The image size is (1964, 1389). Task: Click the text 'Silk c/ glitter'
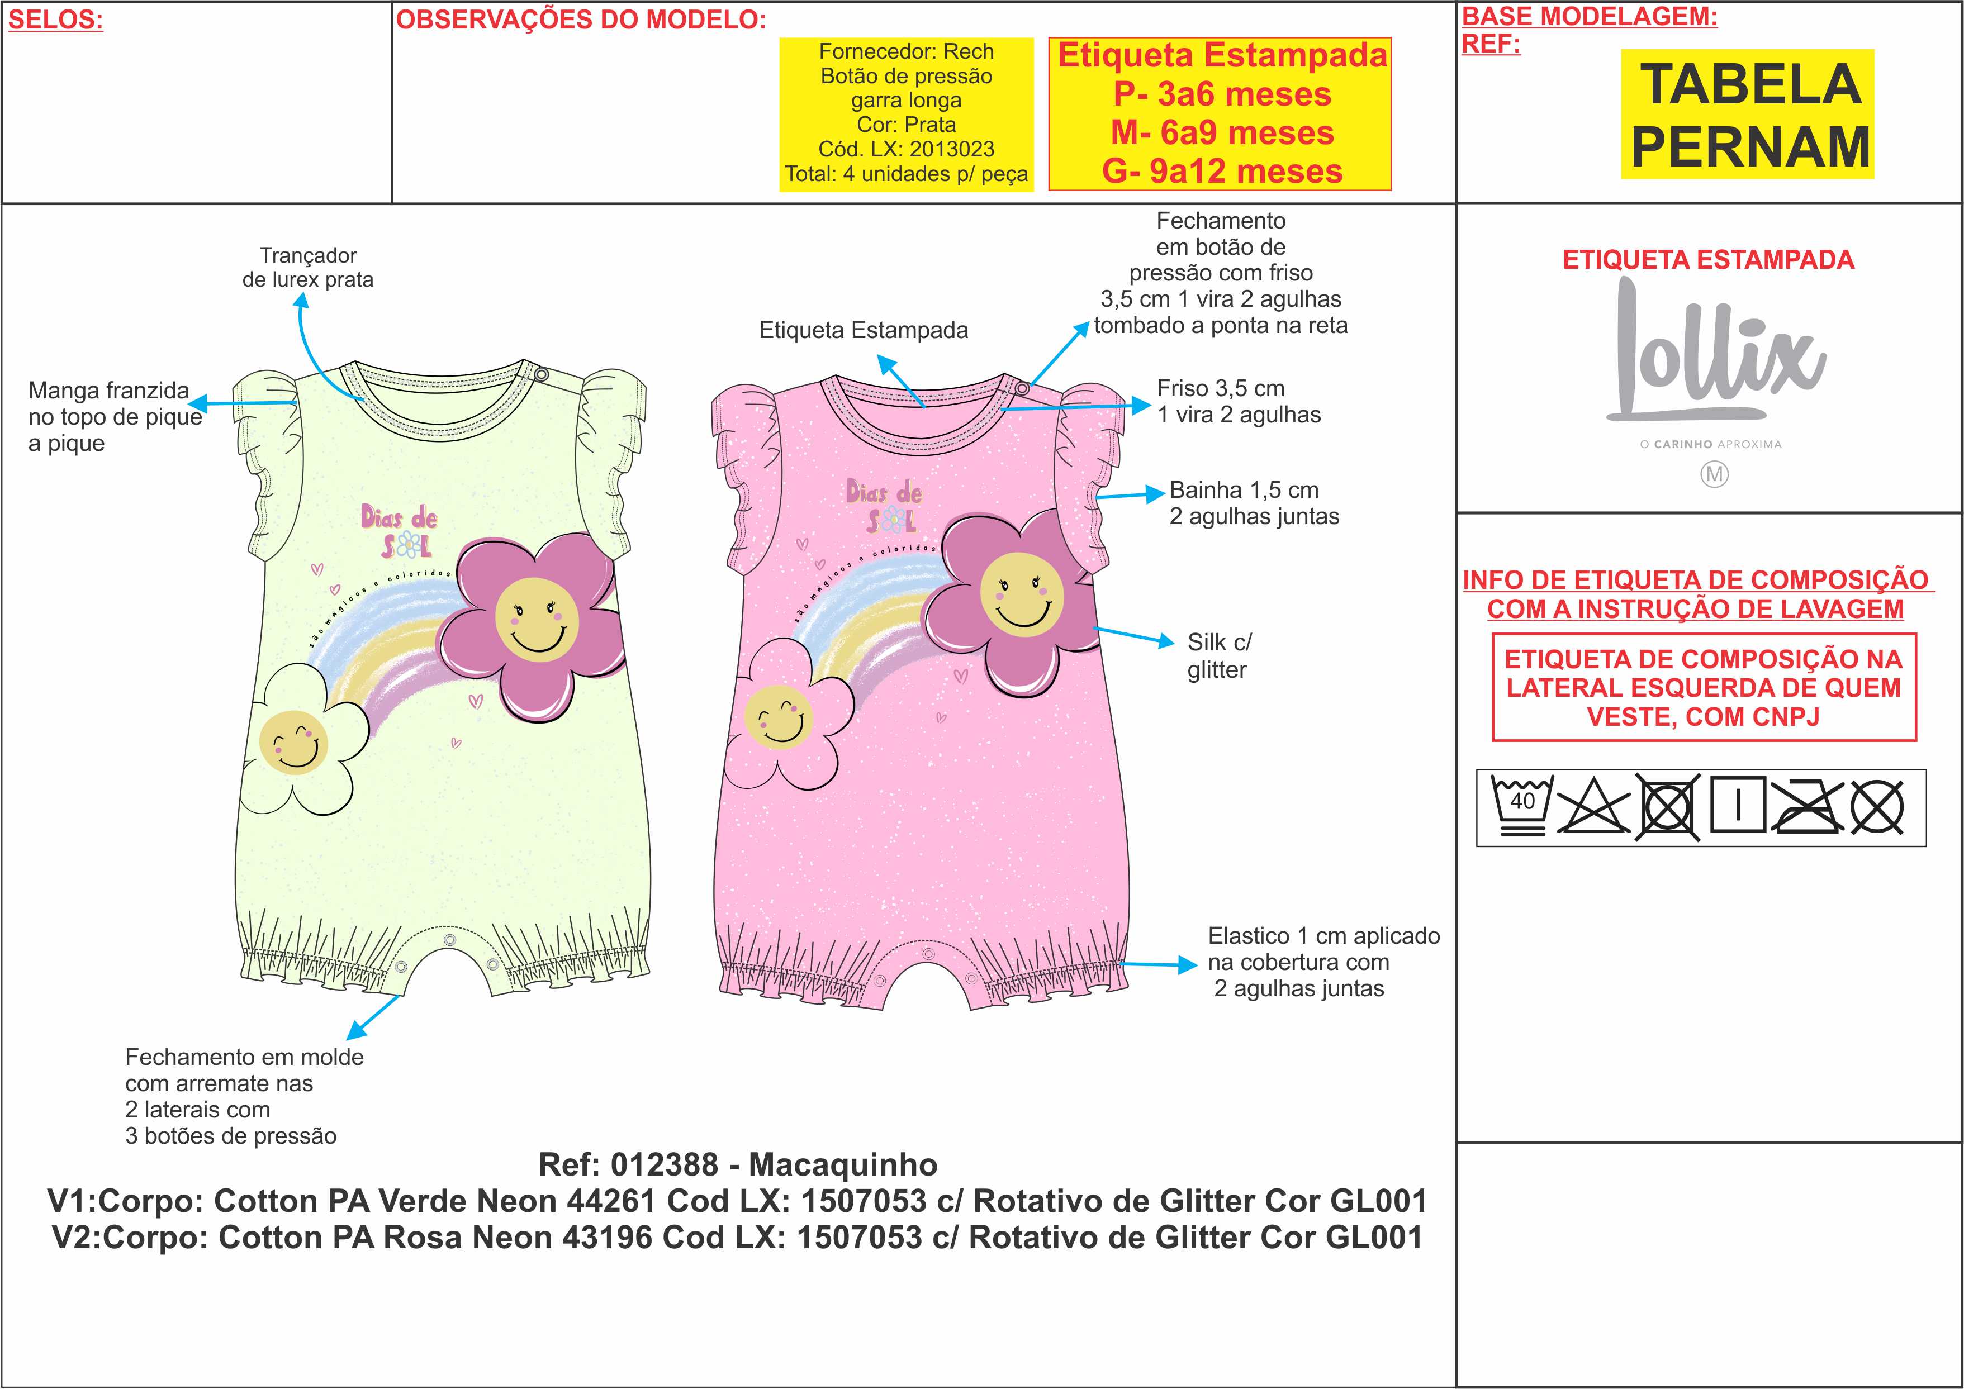point(1218,655)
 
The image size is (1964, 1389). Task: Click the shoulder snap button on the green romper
point(540,374)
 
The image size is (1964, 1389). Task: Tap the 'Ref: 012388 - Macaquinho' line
point(737,1164)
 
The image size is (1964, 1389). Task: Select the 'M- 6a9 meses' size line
point(1222,132)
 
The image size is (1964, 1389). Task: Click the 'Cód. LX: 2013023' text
point(906,149)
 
